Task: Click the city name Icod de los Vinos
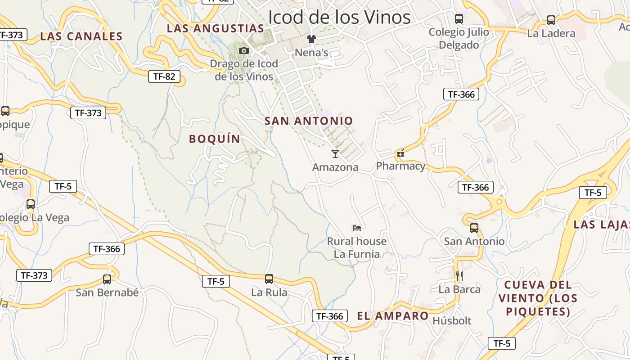click(339, 17)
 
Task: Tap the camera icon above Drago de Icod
click(244, 50)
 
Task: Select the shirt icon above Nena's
click(311, 39)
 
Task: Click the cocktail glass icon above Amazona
click(335, 154)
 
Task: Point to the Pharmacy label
click(400, 166)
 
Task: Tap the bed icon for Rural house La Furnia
click(357, 228)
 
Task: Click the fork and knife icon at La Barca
click(459, 276)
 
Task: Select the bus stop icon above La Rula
click(269, 279)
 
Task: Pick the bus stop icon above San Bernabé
click(107, 279)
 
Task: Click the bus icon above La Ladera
click(551, 20)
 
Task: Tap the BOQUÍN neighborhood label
click(215, 139)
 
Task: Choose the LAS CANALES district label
click(81, 36)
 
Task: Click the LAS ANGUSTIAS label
click(216, 28)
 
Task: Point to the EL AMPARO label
click(393, 316)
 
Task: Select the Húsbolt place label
click(452, 321)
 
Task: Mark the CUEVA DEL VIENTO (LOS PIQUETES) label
click(538, 298)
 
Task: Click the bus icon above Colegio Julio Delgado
click(459, 19)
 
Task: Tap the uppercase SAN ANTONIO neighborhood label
click(309, 121)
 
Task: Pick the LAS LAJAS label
click(602, 225)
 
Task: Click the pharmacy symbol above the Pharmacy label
click(400, 153)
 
